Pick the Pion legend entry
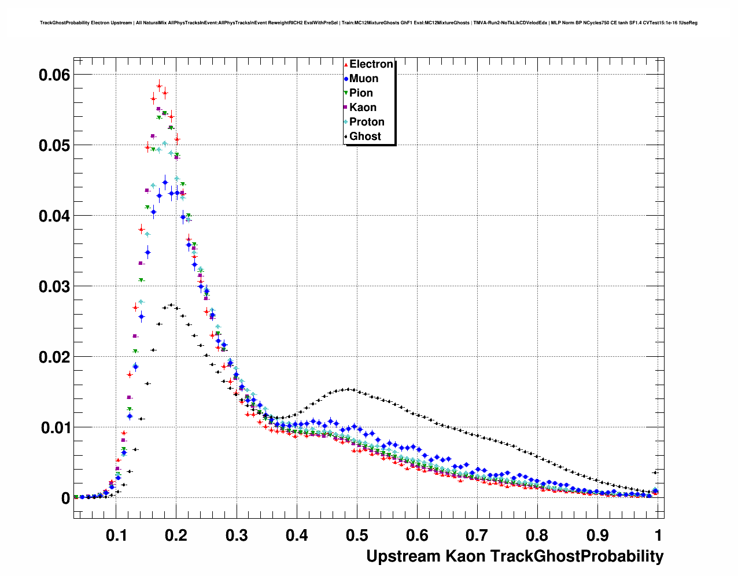pyautogui.click(x=361, y=93)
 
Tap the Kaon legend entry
pyautogui.click(x=363, y=108)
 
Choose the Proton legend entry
pyautogui.click(x=367, y=122)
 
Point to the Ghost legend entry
pyautogui.click(x=365, y=136)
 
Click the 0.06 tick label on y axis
pyautogui.click(x=54, y=75)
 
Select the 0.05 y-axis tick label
pyautogui.click(x=54, y=145)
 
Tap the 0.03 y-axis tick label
pyautogui.click(x=54, y=286)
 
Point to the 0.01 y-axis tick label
pyautogui.click(x=54, y=428)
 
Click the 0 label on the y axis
pyautogui.click(x=65, y=499)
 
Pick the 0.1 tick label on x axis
pyautogui.click(x=116, y=536)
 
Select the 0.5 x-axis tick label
pyautogui.click(x=357, y=536)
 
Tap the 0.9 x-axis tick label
pyautogui.click(x=597, y=536)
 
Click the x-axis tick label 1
pyautogui.click(x=658, y=536)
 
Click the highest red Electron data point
pyautogui.click(x=159, y=86)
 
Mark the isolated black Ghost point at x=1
pyautogui.click(x=655, y=472)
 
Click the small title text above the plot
pyautogui.click(x=368, y=23)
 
